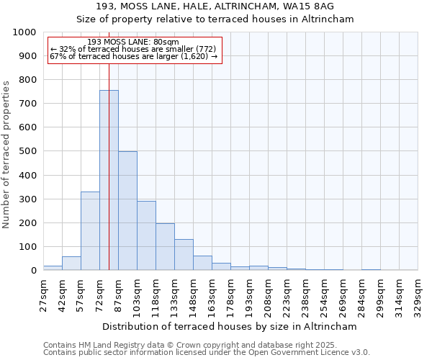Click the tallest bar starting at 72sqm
point(109,180)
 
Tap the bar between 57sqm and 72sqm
point(90,231)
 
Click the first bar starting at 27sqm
point(53,268)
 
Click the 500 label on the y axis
point(28,151)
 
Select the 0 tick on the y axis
point(33,271)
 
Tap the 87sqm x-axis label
point(118,294)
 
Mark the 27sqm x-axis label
point(43,294)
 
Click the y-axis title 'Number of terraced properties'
point(7,154)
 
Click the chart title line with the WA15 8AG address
point(215,6)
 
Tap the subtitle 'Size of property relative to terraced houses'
point(215,19)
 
